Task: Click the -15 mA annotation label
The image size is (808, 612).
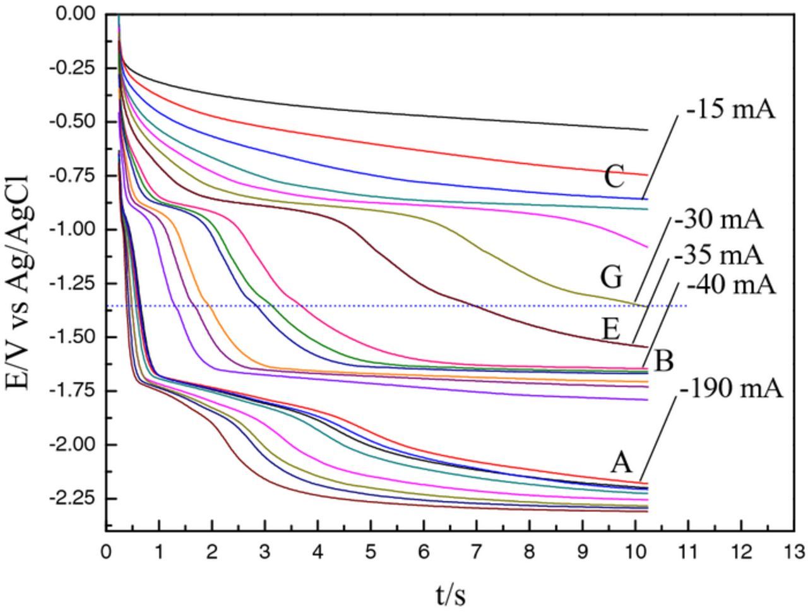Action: pos(730,109)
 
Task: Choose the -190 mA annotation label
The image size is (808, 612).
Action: pos(732,388)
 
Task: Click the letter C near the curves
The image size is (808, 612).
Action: pos(614,177)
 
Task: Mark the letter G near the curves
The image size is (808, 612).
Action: pos(612,277)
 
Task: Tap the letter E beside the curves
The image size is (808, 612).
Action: pos(612,329)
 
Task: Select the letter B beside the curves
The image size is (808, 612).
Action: pos(664,362)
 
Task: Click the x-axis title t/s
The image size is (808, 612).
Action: pos(451,594)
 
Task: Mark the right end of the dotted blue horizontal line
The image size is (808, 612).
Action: pos(687,306)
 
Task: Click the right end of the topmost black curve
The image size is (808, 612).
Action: pos(648,130)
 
